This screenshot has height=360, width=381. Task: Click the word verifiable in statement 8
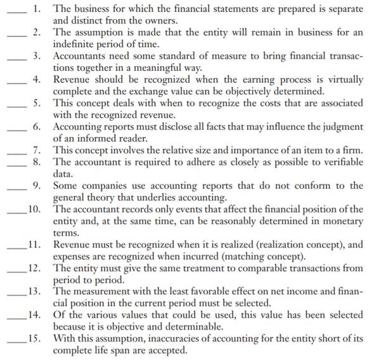(340, 161)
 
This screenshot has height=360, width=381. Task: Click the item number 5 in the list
(37, 103)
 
